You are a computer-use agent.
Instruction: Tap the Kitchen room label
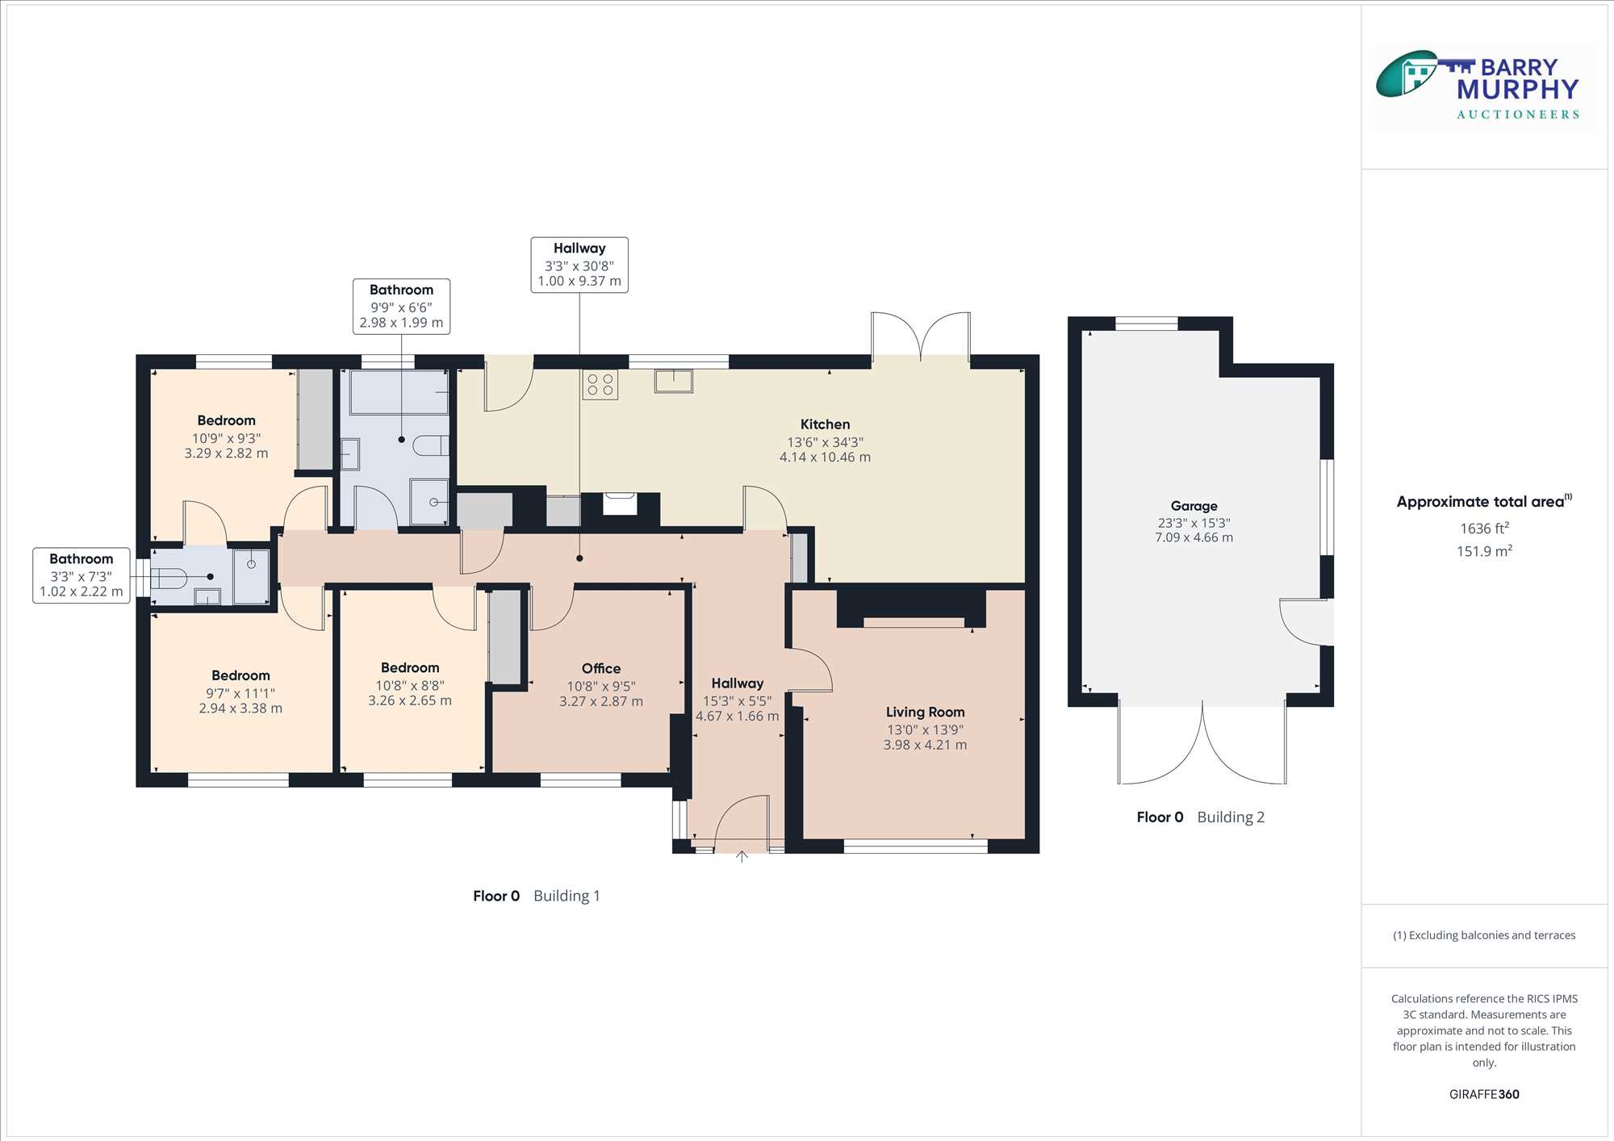tap(825, 424)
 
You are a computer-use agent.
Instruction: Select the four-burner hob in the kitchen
tap(600, 385)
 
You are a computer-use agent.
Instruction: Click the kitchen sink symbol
tap(674, 380)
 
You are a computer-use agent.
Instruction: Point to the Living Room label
tap(925, 712)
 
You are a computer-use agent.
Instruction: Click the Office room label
tap(601, 668)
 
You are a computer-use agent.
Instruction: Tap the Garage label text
tap(1194, 506)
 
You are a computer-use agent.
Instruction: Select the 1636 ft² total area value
tap(1484, 529)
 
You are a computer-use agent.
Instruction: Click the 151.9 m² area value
tap(1484, 551)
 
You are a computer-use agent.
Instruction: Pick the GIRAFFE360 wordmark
tap(1484, 1094)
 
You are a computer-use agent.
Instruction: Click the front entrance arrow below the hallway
tap(742, 856)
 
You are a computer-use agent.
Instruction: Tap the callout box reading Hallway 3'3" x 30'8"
tap(579, 265)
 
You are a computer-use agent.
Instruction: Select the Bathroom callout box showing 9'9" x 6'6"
tap(402, 307)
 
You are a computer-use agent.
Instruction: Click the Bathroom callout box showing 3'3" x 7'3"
tap(82, 575)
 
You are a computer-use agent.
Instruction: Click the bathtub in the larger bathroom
tap(399, 392)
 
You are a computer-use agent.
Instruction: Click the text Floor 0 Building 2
tap(1200, 817)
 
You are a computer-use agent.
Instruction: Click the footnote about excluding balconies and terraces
tap(1484, 935)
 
